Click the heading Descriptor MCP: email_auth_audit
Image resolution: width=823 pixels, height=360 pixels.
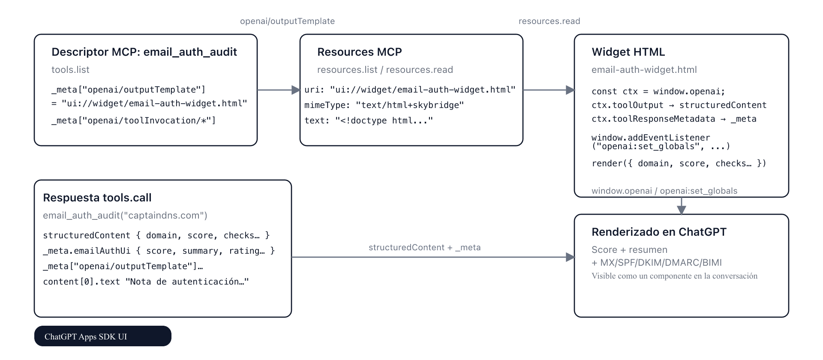point(144,52)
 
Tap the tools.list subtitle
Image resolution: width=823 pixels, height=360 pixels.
point(70,69)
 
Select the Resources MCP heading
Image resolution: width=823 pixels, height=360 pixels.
point(359,52)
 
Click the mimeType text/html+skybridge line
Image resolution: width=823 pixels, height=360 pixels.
point(384,105)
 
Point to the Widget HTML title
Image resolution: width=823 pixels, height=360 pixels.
point(628,52)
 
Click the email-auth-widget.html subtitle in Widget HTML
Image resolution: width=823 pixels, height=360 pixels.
point(644,69)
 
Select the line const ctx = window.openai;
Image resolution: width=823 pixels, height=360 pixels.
point(658,91)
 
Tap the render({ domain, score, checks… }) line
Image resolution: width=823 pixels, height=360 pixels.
point(679,163)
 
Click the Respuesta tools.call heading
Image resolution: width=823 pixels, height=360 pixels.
point(97,198)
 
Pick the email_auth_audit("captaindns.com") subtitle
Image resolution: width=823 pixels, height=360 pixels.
point(125,215)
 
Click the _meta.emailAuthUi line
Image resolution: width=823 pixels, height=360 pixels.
point(159,251)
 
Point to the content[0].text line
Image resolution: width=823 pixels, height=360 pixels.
point(146,282)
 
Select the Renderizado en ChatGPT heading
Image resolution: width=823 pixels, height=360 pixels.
point(659,232)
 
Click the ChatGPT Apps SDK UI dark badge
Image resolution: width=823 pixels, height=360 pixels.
point(102,336)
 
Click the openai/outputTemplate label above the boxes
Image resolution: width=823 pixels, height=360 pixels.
point(287,21)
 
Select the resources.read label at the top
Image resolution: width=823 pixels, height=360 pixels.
point(549,21)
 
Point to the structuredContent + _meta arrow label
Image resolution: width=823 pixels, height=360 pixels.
point(424,247)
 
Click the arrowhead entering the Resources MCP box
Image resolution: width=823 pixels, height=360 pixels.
point(296,90)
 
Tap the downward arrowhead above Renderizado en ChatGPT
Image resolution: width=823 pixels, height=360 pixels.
point(681,210)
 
